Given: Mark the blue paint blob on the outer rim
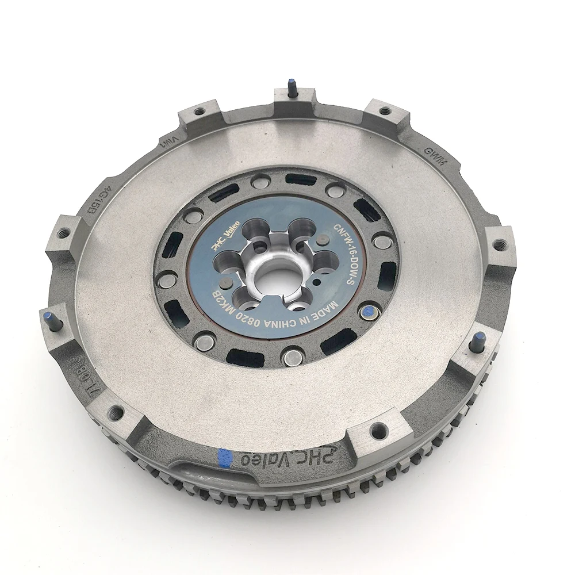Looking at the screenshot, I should pyautogui.click(x=225, y=457).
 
